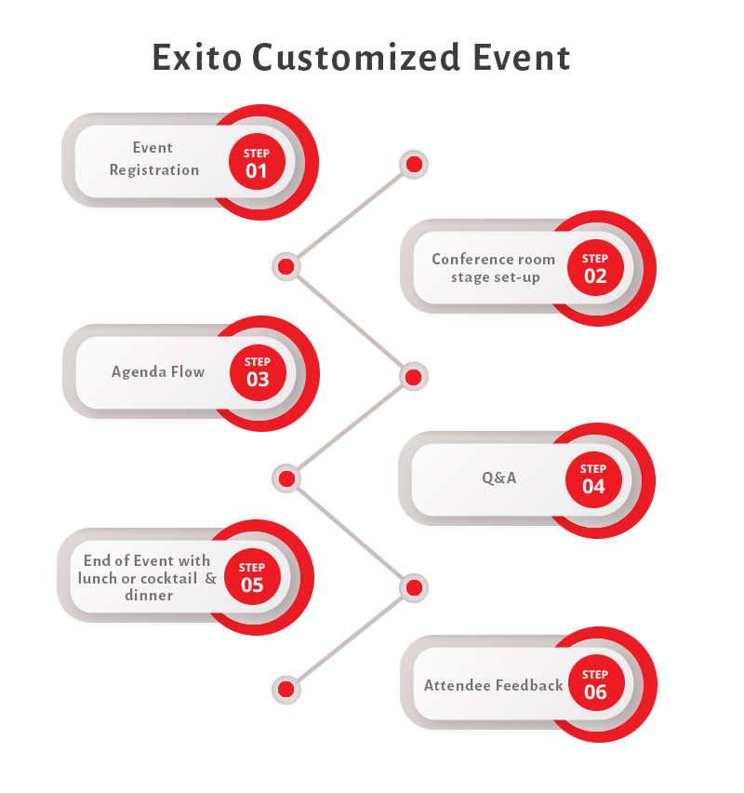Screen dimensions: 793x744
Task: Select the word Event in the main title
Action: coord(520,57)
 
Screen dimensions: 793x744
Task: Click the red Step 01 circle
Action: coord(257,163)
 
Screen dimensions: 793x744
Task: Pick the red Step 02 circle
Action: coord(595,268)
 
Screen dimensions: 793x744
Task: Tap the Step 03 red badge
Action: coord(258,371)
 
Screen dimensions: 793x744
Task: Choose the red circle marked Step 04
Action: coord(593,478)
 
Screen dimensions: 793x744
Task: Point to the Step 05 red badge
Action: coord(252,577)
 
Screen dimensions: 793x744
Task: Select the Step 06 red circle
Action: coord(595,684)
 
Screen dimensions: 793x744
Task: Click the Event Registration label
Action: coord(153,159)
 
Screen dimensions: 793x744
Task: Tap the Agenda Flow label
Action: coord(158,371)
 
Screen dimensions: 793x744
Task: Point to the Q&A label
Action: coord(498,477)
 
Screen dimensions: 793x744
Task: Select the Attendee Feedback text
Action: coord(493,685)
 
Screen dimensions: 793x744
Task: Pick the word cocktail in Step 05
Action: coord(168,578)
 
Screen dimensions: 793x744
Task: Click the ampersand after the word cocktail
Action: coord(210,578)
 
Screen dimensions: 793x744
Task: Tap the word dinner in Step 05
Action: coord(149,595)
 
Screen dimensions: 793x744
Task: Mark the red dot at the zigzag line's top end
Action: coord(414,165)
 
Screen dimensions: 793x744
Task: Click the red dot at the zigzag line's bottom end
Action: coord(286,690)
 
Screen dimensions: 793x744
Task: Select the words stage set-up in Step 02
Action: coord(495,277)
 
